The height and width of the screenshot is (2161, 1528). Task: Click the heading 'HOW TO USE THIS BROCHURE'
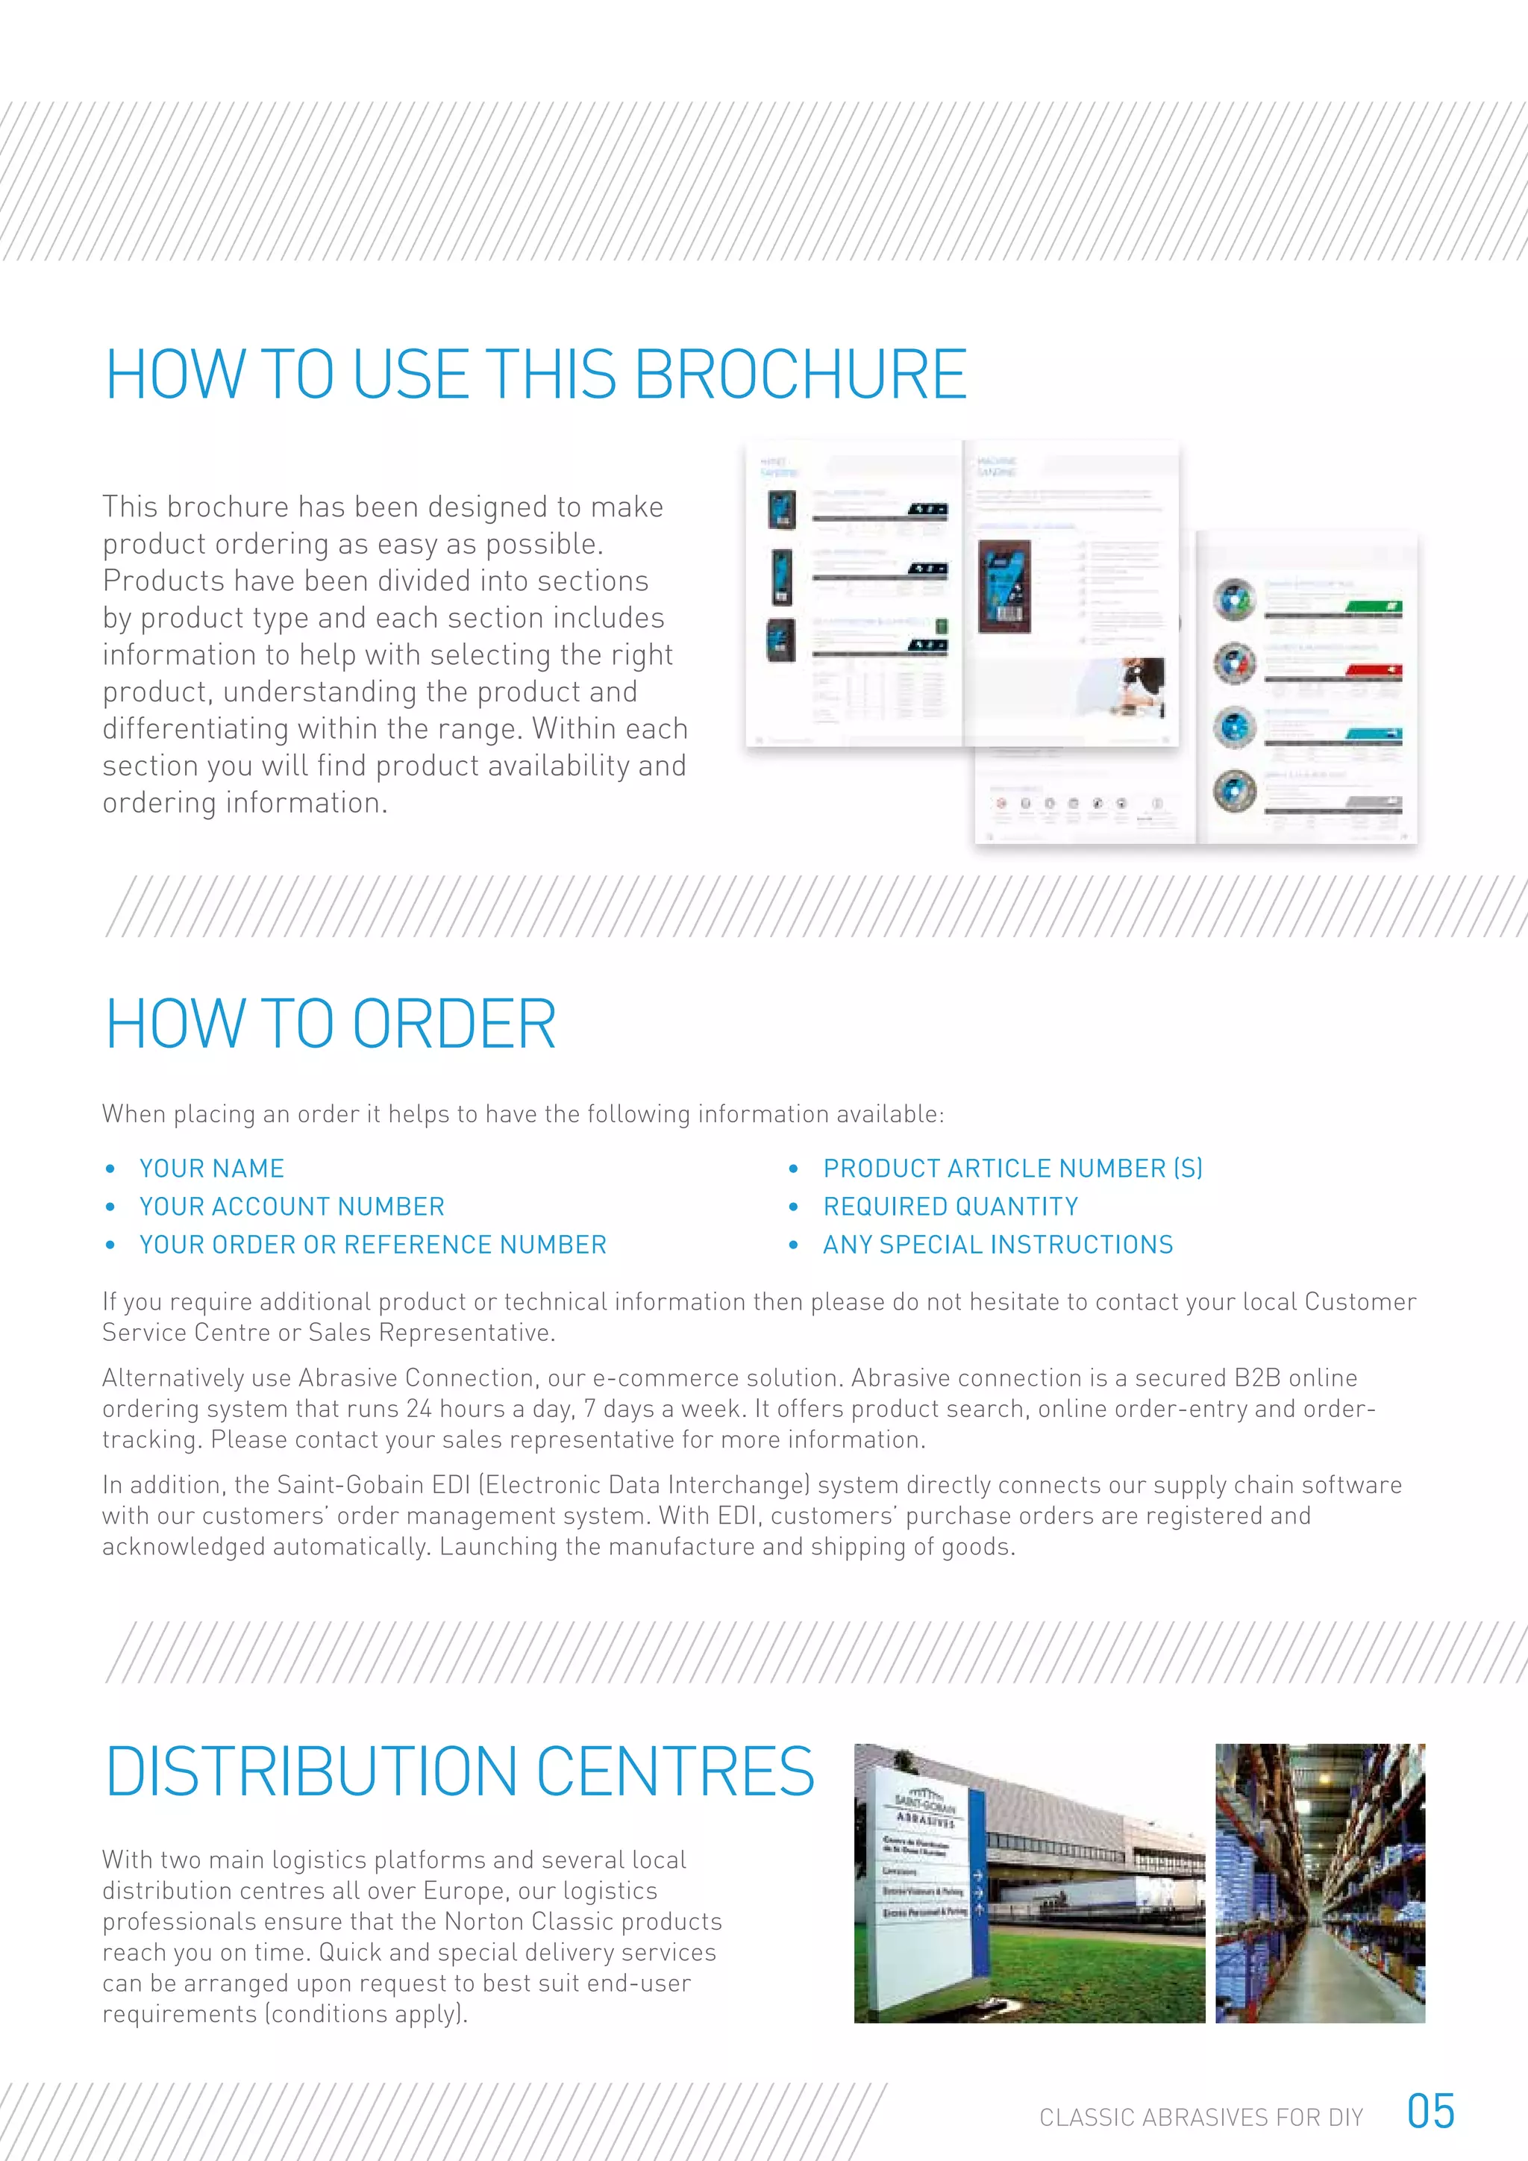pos(536,374)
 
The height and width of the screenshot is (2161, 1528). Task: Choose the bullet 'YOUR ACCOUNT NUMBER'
pos(292,1207)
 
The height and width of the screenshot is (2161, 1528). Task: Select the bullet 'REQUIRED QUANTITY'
pos(951,1207)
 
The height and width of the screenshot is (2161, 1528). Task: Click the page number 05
pos(1430,2111)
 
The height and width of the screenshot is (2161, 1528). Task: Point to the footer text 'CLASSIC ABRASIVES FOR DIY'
pos(1200,2118)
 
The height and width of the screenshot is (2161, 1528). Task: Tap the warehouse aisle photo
pos(1319,1883)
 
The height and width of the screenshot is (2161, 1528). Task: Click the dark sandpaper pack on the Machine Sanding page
pos(1005,586)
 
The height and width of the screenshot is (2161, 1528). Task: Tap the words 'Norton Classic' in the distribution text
pos(532,1921)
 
